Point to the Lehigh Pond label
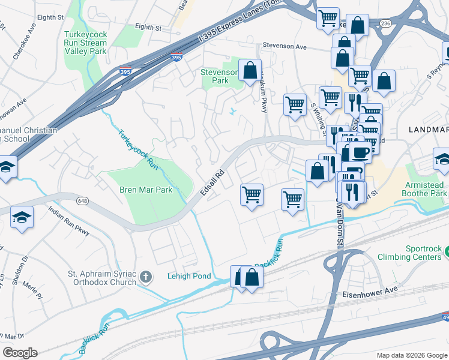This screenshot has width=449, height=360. [x=189, y=276]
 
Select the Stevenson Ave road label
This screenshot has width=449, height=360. [x=285, y=47]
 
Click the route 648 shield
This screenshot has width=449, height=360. [x=83, y=200]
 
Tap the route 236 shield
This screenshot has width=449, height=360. [x=385, y=23]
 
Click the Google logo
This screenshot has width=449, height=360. [x=20, y=353]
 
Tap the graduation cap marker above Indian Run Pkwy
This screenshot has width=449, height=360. [x=22, y=217]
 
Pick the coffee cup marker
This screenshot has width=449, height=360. [x=361, y=152]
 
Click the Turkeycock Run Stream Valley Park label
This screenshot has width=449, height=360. [x=85, y=43]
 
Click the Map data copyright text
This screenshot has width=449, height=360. [x=411, y=355]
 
